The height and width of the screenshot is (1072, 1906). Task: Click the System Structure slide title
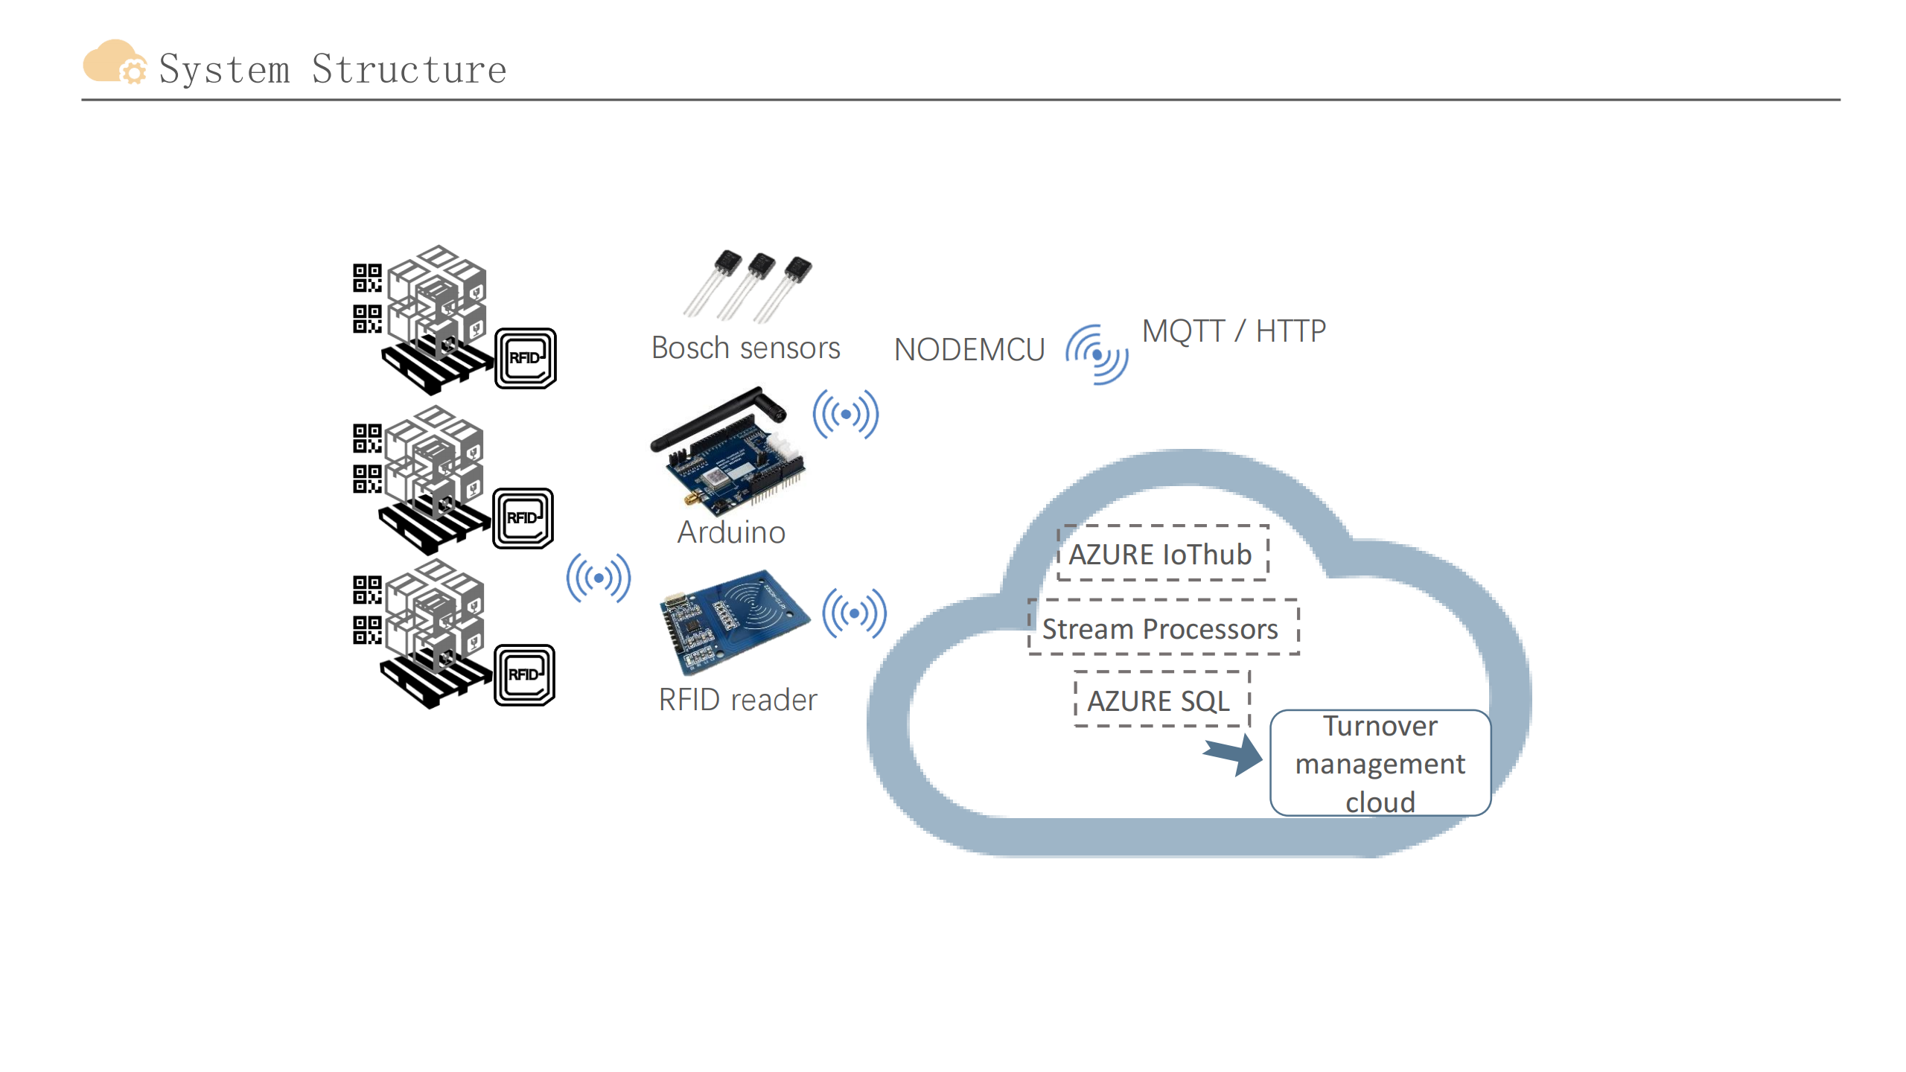click(x=333, y=69)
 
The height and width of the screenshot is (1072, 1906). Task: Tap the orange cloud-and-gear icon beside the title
click(x=114, y=62)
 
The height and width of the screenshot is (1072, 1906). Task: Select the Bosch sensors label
click(x=745, y=348)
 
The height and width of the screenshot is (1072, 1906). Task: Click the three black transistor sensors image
click(x=748, y=286)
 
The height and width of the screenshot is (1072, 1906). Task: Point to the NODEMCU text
click(x=969, y=350)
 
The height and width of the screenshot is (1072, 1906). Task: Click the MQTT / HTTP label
click(x=1234, y=331)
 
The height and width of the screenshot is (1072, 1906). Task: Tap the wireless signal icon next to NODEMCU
click(x=1097, y=354)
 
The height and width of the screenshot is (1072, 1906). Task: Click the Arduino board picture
click(x=727, y=453)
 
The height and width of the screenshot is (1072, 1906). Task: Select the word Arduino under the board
click(x=731, y=532)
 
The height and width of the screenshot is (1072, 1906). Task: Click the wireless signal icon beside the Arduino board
click(x=846, y=414)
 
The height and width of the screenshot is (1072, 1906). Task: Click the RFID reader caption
click(x=738, y=700)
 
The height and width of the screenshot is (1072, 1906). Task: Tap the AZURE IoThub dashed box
click(x=1162, y=553)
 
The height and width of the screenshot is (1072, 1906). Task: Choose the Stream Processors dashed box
click(x=1163, y=628)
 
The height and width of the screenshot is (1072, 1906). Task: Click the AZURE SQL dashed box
click(x=1161, y=700)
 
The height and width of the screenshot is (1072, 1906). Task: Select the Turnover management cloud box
click(x=1380, y=763)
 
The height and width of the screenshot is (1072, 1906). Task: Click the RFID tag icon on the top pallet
click(x=526, y=358)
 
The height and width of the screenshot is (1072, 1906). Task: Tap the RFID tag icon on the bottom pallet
click(x=524, y=674)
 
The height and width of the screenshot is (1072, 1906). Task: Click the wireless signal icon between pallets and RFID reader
click(x=599, y=578)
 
